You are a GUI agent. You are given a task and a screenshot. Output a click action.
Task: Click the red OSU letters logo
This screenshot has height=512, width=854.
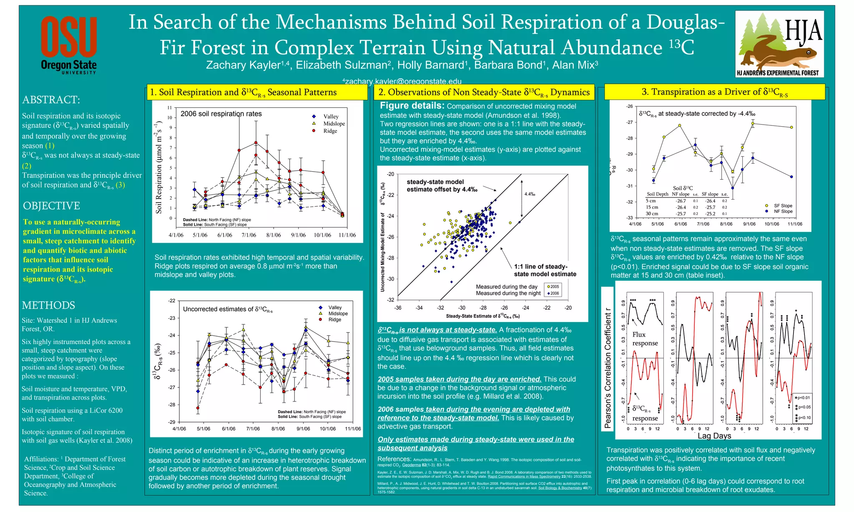click(x=69, y=37)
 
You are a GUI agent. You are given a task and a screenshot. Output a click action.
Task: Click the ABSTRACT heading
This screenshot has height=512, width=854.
click(x=51, y=100)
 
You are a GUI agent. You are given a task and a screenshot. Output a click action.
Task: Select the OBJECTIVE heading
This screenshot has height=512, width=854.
click(x=51, y=206)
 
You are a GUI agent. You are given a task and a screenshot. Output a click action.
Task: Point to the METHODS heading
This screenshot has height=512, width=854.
click(x=48, y=305)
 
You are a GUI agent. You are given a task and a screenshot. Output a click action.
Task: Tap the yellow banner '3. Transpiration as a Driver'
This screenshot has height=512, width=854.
click(x=714, y=92)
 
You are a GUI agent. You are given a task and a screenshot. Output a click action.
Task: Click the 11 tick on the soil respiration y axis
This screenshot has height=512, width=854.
click(x=170, y=108)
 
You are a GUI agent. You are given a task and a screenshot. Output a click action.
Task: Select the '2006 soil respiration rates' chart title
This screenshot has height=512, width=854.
click(x=221, y=114)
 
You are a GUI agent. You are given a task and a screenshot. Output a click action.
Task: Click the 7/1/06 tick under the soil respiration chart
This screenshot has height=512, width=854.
click(x=249, y=235)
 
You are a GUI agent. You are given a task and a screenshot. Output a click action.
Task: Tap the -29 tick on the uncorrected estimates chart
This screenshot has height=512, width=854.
click(x=172, y=422)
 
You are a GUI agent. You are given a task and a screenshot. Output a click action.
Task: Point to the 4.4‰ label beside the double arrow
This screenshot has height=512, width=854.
click(x=530, y=194)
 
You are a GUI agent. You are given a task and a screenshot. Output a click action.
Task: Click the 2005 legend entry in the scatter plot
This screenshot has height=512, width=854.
click(x=554, y=287)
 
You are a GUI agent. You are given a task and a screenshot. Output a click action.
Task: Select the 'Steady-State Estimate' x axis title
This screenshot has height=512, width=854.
click(x=482, y=316)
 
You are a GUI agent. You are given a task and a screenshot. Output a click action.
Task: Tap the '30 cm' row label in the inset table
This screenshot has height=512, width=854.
click(x=652, y=214)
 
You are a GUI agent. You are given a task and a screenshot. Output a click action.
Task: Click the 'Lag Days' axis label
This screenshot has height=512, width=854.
click(x=714, y=436)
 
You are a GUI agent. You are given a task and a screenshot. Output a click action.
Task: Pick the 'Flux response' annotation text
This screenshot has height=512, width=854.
click(x=645, y=339)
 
